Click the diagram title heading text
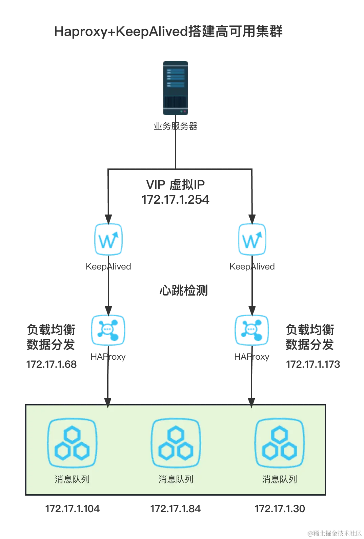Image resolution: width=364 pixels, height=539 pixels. [168, 32]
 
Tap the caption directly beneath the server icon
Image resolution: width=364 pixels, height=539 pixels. [175, 126]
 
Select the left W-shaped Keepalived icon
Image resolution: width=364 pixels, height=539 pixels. [108, 239]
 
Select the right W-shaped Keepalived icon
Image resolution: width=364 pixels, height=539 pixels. [252, 239]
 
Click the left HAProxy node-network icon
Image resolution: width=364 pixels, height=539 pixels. [108, 331]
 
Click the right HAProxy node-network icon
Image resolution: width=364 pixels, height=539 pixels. [252, 331]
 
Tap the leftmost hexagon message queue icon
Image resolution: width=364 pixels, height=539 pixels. [72, 443]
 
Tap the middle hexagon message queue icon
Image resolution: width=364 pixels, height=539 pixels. [176, 443]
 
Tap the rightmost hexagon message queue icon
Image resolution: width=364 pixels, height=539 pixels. [280, 443]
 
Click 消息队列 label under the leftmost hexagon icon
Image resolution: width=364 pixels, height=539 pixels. [72, 479]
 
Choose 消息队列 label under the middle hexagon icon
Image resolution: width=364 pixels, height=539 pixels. [176, 479]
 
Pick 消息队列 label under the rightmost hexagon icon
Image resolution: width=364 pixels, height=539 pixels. [280, 479]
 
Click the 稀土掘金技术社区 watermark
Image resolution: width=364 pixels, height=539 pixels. [334, 533]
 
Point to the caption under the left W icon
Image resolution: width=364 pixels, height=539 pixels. [108, 267]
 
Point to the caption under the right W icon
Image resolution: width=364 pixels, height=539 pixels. [252, 267]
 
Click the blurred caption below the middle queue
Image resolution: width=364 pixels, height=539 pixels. [175, 508]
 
